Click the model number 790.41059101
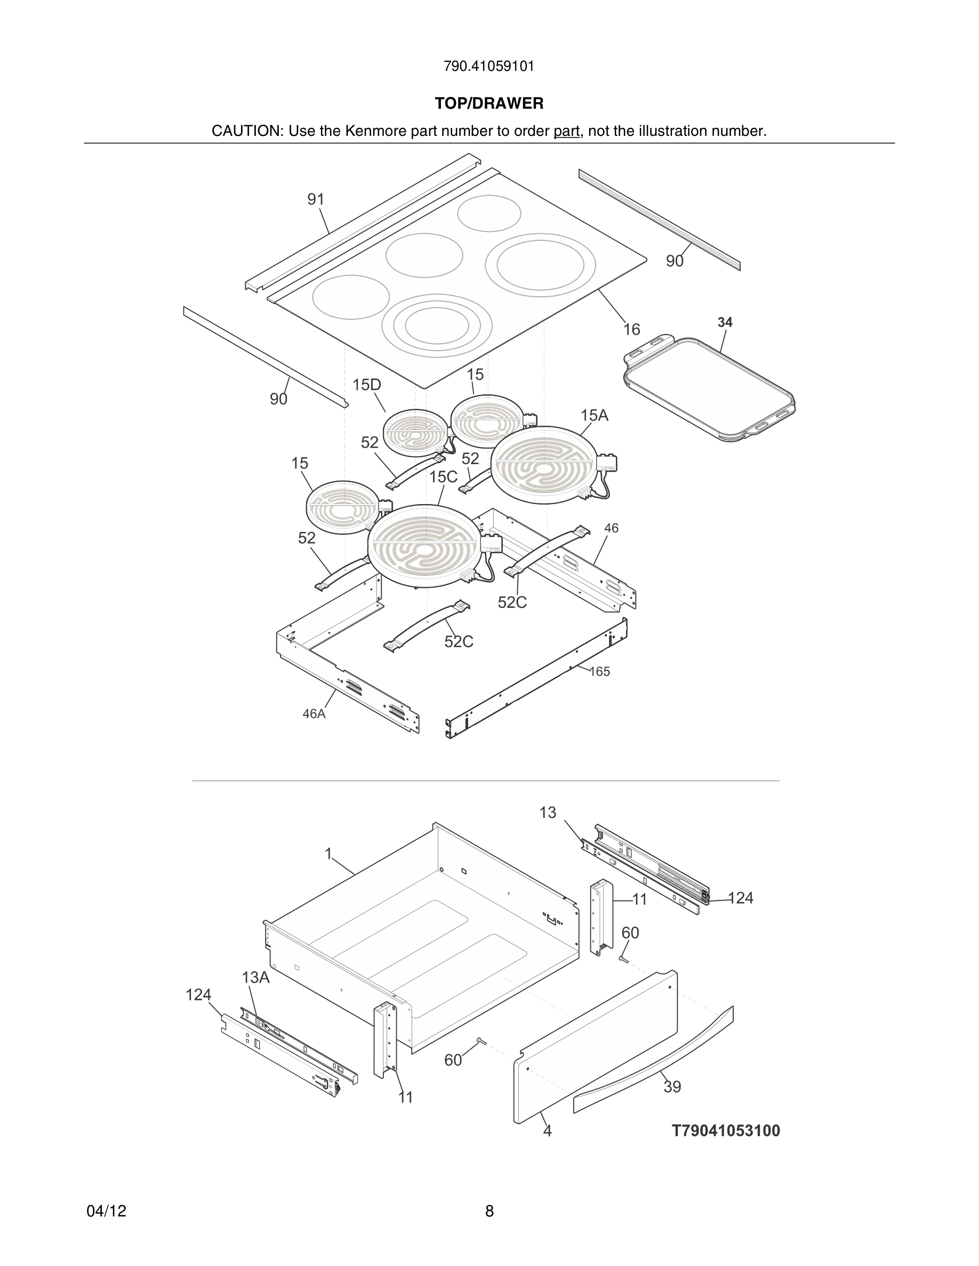pos(489,66)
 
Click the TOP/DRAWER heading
pos(489,103)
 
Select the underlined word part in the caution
pos(566,131)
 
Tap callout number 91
pos(316,199)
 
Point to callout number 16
pos(631,329)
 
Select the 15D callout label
pos(366,385)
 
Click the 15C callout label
pos(443,476)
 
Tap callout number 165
pos(600,671)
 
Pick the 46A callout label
pos(314,713)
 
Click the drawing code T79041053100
pos(726,1130)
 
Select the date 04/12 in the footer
pos(106,1211)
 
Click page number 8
pos(489,1211)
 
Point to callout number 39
pos(672,1087)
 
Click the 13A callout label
pos(255,977)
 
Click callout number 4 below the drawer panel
pos(547,1130)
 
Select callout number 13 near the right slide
pos(548,813)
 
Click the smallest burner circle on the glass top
pos(489,213)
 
